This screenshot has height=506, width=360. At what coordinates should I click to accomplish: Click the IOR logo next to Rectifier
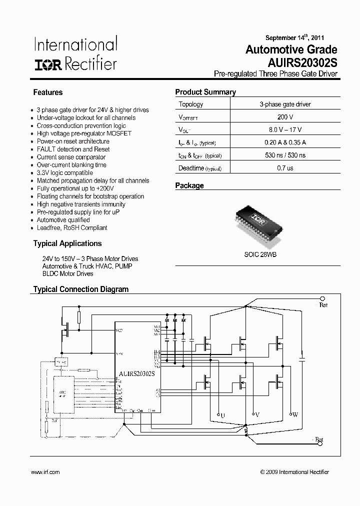[x=48, y=65]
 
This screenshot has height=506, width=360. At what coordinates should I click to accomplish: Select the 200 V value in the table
[x=285, y=117]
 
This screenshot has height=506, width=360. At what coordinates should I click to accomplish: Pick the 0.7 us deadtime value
[x=285, y=168]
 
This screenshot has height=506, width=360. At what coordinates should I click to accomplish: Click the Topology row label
[x=191, y=104]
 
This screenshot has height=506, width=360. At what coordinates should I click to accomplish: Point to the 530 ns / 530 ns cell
[x=285, y=155]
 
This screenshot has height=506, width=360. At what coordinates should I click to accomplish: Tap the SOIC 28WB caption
[x=260, y=254]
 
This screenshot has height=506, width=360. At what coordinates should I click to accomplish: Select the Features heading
[x=48, y=92]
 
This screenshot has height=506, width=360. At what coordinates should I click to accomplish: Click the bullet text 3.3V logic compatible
[x=65, y=173]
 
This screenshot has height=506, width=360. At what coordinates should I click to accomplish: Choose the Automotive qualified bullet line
[x=63, y=220]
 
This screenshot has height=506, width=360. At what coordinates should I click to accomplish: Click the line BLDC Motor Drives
[x=68, y=274]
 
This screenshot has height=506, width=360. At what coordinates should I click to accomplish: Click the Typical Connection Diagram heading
[x=81, y=289]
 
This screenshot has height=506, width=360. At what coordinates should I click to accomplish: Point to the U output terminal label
[x=222, y=415]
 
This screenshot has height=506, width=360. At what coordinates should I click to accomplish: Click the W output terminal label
[x=295, y=415]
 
